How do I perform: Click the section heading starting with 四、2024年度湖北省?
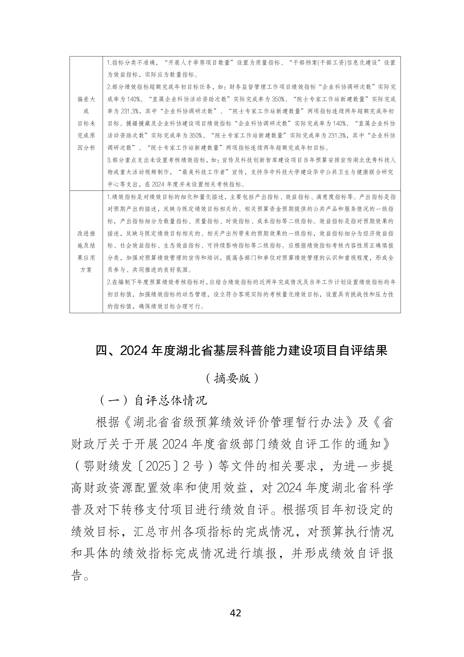point(242,350)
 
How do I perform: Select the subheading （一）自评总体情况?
point(153,400)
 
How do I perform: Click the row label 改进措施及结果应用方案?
point(86,251)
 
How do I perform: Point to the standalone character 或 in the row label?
point(86,111)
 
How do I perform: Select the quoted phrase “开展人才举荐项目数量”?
point(199,63)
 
